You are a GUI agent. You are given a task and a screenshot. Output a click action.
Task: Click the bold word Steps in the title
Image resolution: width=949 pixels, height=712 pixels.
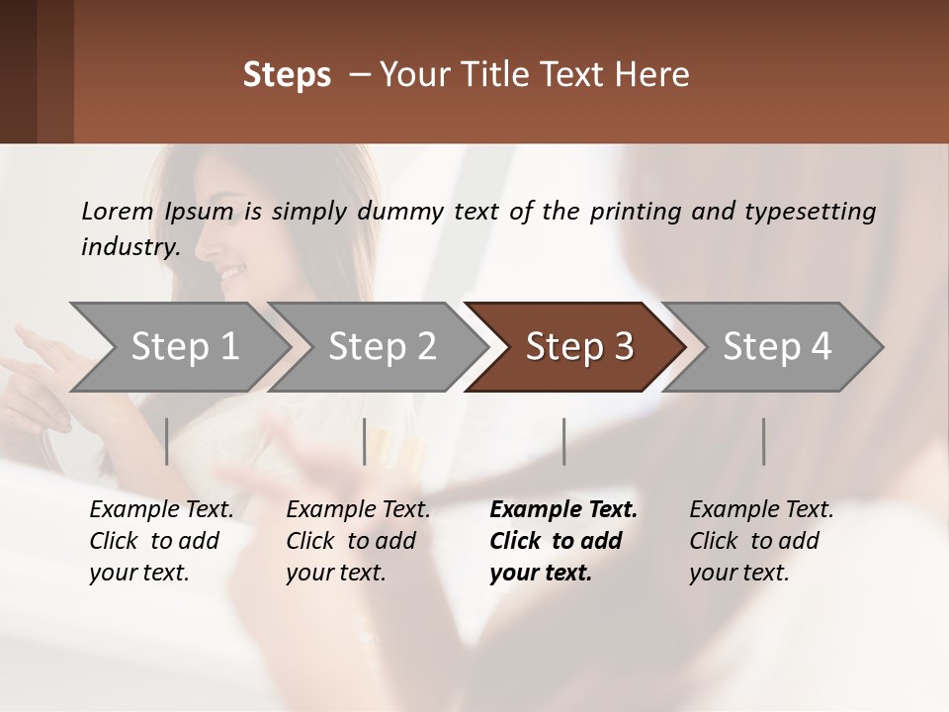[287, 75]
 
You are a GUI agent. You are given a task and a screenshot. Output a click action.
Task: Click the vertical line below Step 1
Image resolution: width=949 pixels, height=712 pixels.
[167, 441]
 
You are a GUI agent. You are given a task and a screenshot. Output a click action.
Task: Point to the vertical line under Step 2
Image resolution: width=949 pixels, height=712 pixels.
[365, 441]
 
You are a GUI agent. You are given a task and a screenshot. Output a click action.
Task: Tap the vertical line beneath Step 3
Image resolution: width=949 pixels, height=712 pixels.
[564, 441]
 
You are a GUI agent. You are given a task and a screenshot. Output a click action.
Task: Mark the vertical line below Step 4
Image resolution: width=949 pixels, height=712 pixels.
[764, 441]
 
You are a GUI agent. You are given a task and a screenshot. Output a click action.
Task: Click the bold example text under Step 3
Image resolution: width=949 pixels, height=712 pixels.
[562, 541]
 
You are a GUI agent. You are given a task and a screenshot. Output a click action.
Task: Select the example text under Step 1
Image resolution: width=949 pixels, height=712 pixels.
[161, 541]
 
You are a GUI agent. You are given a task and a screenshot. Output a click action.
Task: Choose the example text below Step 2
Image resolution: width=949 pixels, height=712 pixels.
[358, 541]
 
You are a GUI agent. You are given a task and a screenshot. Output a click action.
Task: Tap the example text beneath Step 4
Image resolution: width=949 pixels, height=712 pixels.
[761, 541]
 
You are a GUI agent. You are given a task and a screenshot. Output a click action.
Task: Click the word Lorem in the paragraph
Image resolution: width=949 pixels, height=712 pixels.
[118, 211]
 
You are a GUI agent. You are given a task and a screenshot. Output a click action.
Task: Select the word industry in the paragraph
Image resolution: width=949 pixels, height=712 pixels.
[129, 246]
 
